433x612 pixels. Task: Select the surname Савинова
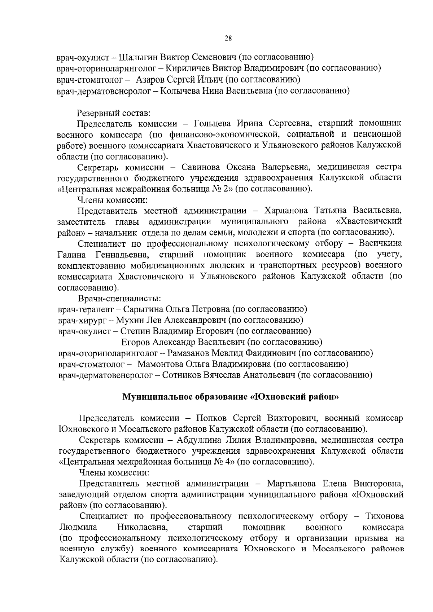(197, 168)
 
